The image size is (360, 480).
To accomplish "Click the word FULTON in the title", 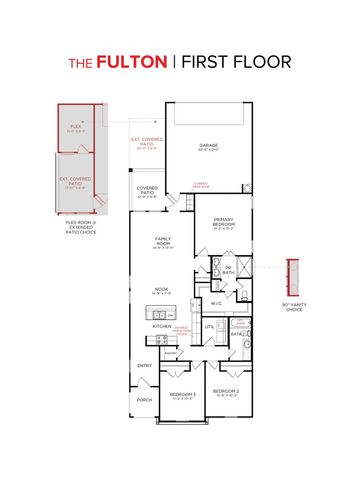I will click(131, 62).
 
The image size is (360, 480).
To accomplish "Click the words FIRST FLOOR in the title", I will click(236, 62).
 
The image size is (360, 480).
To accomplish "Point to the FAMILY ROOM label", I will click(163, 241).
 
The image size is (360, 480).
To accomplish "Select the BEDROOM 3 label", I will click(183, 395).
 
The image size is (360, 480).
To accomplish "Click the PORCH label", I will click(144, 400).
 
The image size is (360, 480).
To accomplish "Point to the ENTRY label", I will click(144, 365).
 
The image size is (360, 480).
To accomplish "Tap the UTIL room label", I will click(210, 326).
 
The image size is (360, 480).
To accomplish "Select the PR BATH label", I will click(228, 269).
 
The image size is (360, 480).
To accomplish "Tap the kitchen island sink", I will click(163, 312).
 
